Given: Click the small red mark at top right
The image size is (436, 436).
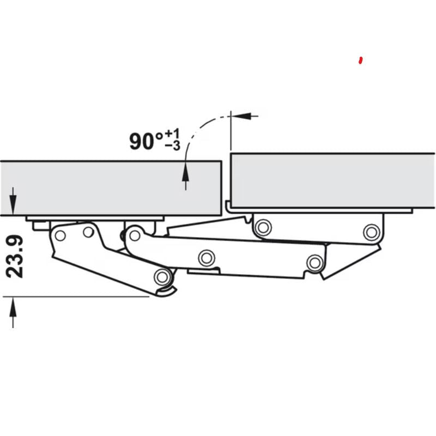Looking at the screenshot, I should point(360,60).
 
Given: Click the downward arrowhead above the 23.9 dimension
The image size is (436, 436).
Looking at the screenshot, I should point(13,207).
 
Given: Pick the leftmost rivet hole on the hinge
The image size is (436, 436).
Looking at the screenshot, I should point(60,235).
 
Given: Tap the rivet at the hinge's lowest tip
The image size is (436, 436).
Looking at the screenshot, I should point(161,277).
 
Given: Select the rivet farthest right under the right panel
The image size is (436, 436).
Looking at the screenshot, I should point(371,232).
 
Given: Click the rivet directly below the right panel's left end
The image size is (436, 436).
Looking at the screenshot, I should point(263,226).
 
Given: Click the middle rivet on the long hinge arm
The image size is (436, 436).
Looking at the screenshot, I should point(206,258).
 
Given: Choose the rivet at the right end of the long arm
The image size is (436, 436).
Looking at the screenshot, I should point(314,263).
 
